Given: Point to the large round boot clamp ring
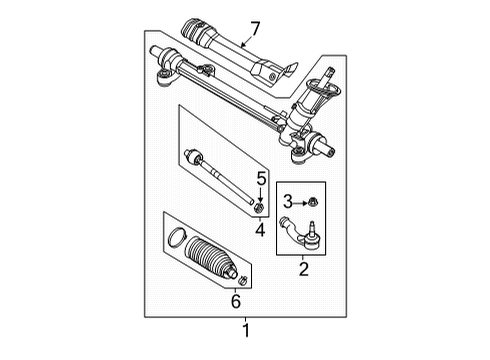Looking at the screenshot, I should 175,265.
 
